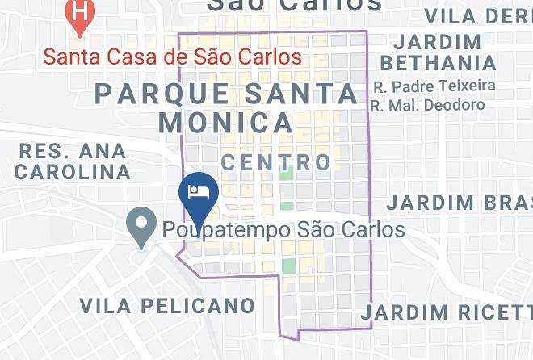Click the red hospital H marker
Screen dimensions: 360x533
79,14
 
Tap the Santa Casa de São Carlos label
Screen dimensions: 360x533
172,57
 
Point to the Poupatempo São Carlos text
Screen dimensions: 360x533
283,229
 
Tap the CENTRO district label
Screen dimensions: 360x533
276,162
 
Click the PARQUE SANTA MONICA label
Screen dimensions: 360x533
227,107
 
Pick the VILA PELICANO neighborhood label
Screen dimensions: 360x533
167,306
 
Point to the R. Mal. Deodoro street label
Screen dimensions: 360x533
428,105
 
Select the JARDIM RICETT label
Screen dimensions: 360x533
447,312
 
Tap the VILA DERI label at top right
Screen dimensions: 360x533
477,15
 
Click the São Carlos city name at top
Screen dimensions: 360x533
294,6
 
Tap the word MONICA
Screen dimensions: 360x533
226,123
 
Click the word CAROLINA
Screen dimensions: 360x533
73,172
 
